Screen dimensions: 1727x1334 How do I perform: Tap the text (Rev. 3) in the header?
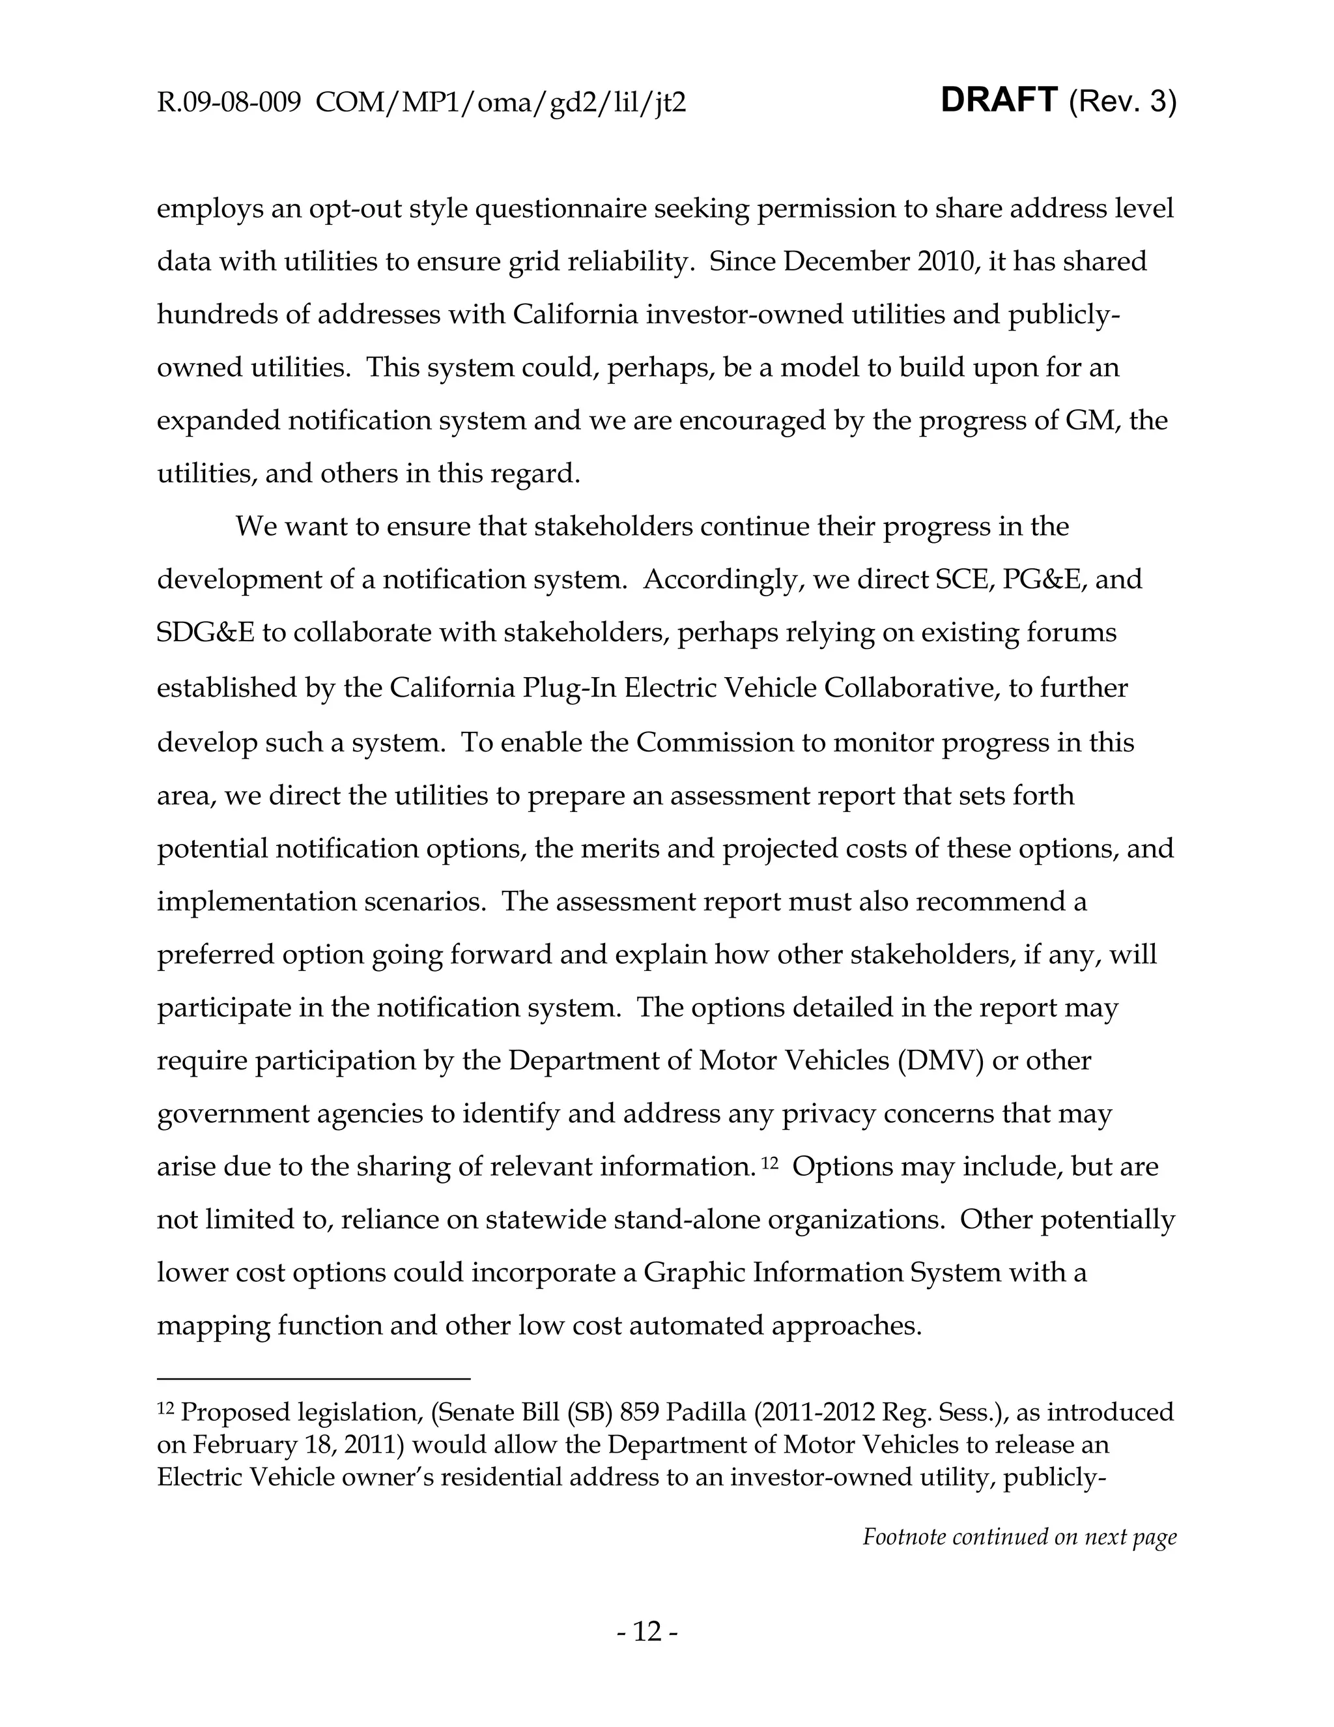point(1122,102)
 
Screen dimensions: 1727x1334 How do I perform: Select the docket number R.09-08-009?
point(229,103)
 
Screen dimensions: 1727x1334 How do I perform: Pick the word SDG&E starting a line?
point(205,633)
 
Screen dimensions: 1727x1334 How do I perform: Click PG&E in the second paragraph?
point(1044,579)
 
